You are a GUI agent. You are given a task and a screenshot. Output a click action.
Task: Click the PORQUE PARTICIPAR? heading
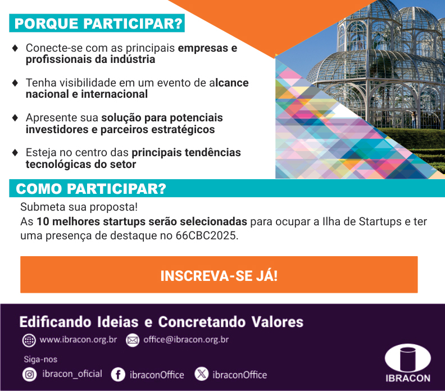click(98, 23)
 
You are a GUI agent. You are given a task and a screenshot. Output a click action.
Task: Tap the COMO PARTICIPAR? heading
click(91, 189)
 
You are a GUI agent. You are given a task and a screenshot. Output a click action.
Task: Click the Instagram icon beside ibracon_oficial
click(30, 375)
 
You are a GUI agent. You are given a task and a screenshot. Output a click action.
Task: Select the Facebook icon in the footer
click(118, 375)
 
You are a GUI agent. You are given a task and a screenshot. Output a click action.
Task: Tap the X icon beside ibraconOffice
click(202, 374)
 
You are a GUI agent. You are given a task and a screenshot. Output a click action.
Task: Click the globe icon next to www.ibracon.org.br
click(29, 340)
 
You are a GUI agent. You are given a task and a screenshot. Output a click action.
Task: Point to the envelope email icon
click(133, 340)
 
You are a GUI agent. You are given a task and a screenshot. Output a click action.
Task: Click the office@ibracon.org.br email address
click(186, 340)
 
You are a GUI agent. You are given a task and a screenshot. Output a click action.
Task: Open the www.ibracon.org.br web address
click(78, 340)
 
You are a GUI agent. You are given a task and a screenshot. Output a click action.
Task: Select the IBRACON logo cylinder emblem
click(408, 358)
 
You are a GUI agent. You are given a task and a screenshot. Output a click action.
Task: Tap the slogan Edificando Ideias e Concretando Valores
click(161, 322)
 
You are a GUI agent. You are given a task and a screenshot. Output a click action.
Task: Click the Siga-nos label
click(40, 360)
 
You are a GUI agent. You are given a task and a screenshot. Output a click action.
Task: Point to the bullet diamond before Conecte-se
click(15, 48)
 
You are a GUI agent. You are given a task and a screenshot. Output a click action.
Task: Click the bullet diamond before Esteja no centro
click(15, 152)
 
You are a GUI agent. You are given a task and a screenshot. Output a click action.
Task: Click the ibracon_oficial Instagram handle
click(72, 374)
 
